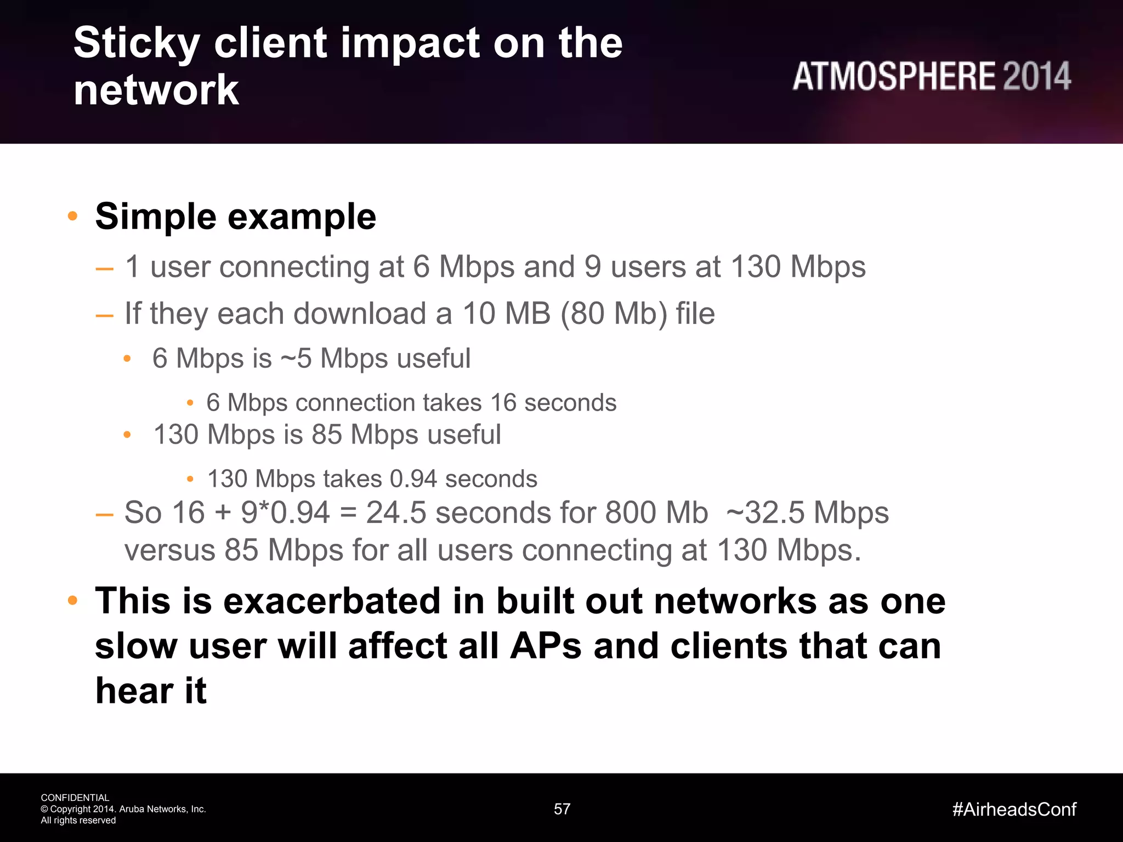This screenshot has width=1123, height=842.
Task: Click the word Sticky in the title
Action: [x=137, y=44]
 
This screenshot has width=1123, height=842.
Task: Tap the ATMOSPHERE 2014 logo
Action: [x=931, y=76]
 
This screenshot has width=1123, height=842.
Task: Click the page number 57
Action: [x=562, y=809]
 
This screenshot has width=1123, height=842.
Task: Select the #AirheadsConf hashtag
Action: [x=1014, y=809]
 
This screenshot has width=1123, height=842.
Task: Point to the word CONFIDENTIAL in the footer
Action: [x=75, y=798]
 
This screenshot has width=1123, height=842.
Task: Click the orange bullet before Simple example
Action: [x=72, y=216]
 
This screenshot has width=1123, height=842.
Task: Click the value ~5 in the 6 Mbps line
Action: [x=296, y=359]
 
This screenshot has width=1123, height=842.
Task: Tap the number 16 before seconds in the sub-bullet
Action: [x=503, y=403]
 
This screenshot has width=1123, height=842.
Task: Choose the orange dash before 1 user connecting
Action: [x=104, y=269]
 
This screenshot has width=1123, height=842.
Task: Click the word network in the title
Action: [x=156, y=90]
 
